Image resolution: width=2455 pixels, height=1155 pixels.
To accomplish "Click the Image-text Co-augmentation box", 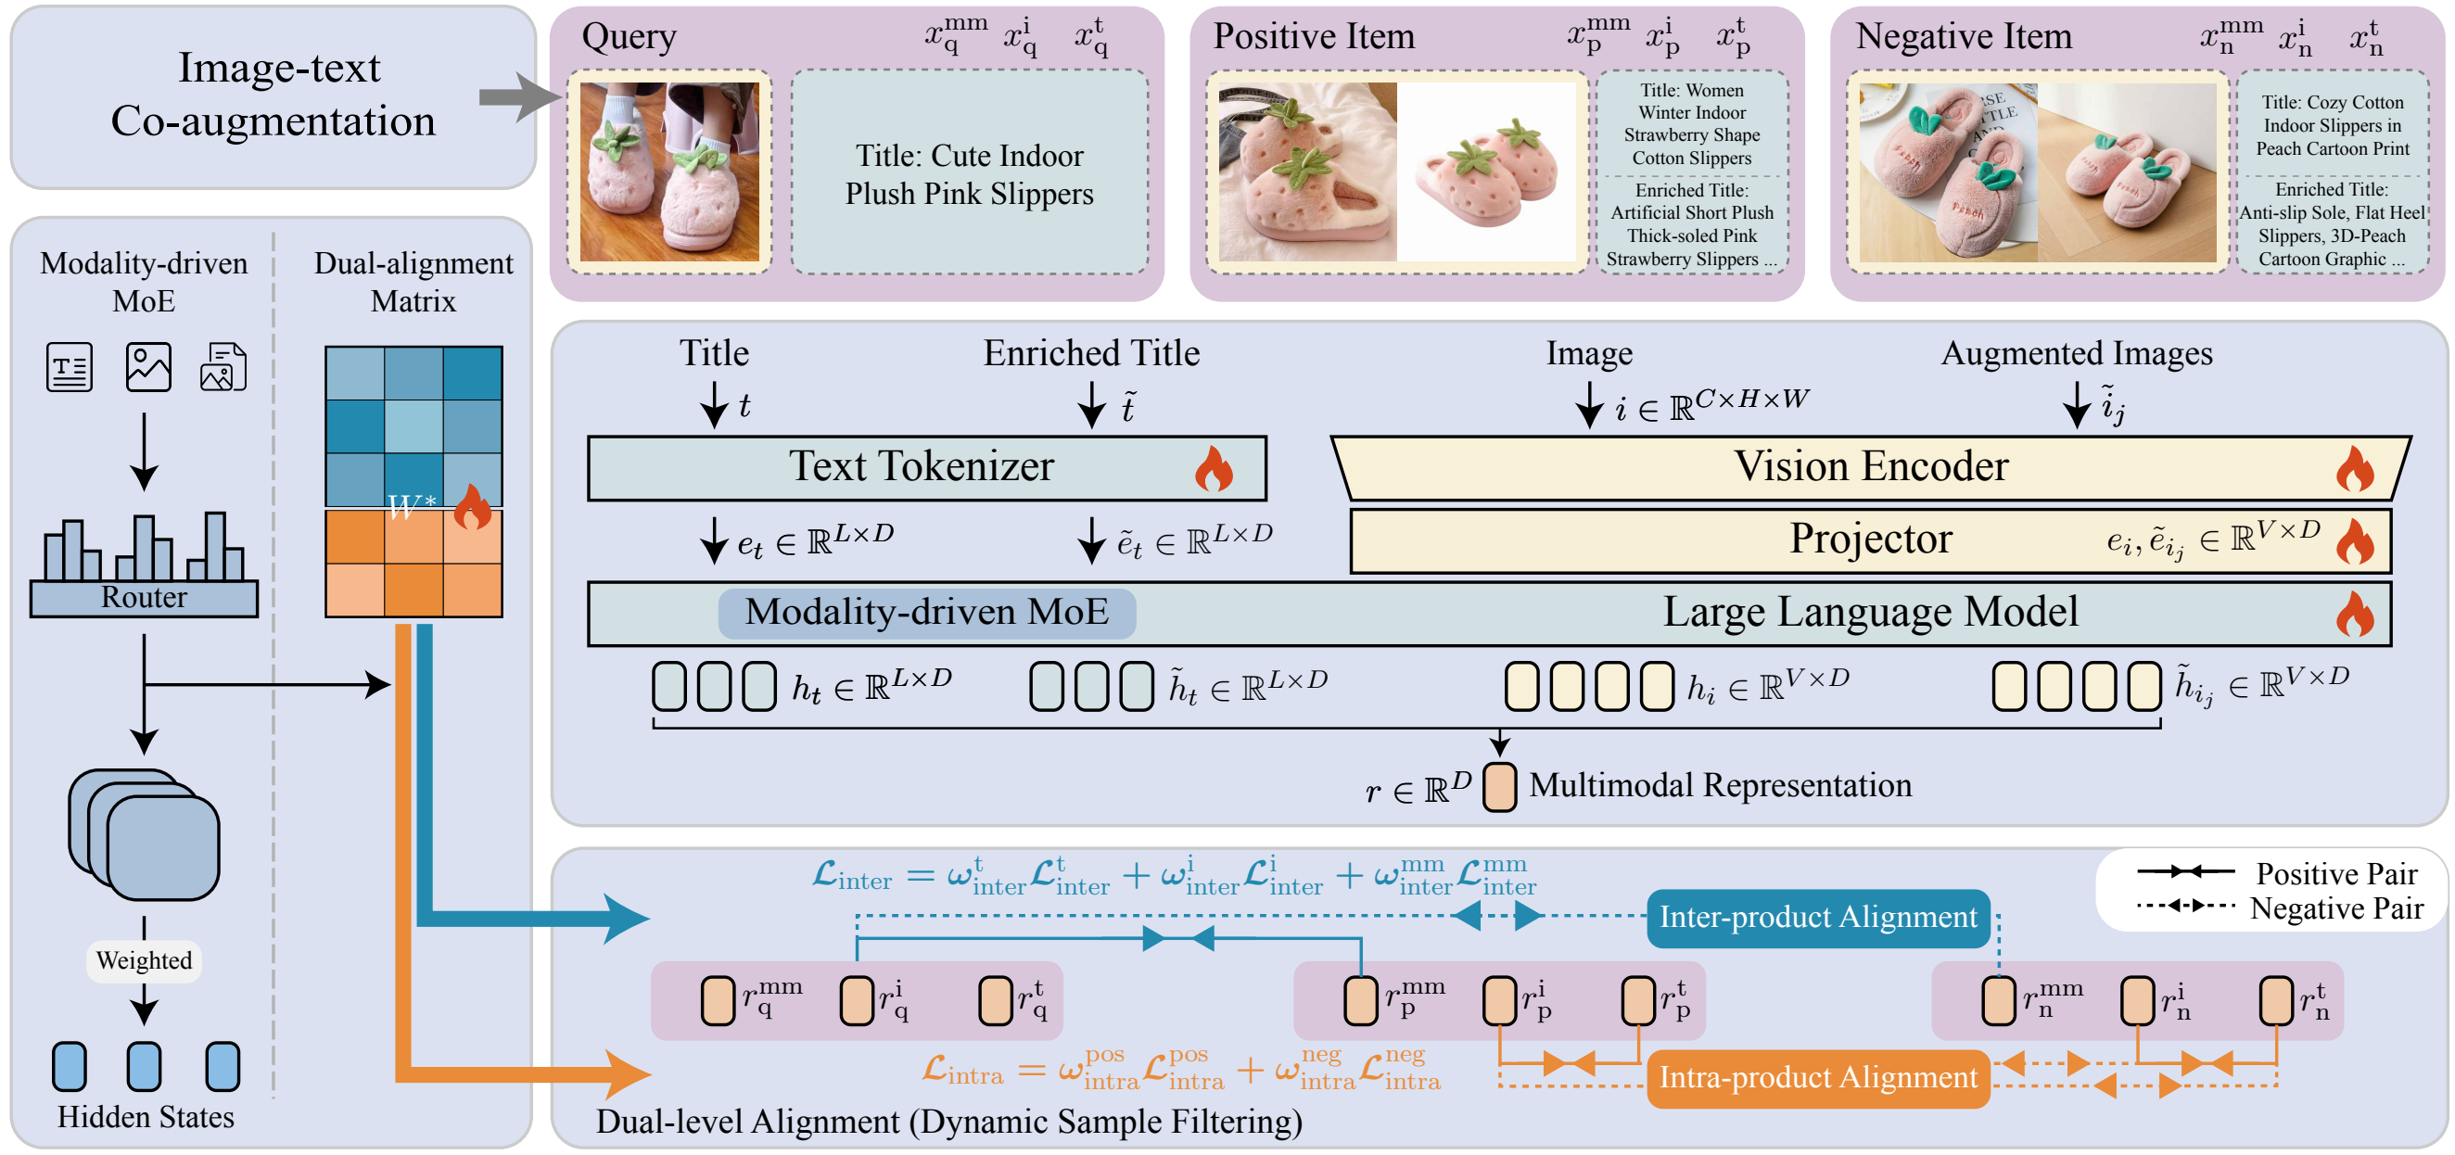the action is click(x=273, y=96).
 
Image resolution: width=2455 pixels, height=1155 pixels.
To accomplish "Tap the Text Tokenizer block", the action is click(x=926, y=468).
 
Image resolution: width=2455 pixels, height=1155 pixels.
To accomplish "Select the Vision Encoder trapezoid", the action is click(x=1871, y=468).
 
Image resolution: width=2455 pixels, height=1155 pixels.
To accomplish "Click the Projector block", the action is click(x=1871, y=540).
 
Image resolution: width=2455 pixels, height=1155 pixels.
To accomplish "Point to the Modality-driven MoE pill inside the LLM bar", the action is click(x=926, y=613).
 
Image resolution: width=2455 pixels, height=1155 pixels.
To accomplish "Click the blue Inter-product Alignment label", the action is click(x=1817, y=917).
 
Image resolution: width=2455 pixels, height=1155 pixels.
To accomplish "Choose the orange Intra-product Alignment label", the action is click(x=1817, y=1078).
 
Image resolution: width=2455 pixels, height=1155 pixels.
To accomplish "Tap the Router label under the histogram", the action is click(x=144, y=598).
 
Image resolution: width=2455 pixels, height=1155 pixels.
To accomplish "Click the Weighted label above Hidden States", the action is click(x=144, y=959).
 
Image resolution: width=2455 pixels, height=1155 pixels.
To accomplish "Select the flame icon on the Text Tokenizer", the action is click(x=1215, y=469).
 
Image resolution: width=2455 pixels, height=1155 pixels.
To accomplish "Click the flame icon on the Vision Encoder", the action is click(x=2355, y=469).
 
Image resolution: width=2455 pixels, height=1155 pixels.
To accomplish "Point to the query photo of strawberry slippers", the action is click(x=670, y=171).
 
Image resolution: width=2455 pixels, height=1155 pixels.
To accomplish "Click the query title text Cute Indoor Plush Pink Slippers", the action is click(x=969, y=174).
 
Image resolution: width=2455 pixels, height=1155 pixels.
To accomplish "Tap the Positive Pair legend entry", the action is click(x=2278, y=873).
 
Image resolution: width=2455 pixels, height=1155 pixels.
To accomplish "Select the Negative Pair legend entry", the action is click(x=2278, y=907).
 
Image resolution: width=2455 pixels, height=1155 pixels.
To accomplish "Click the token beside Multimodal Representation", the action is click(x=1499, y=787).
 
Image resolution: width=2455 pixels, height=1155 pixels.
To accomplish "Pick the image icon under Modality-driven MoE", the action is click(x=148, y=367).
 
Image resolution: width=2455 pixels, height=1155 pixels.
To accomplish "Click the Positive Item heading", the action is click(x=1314, y=36).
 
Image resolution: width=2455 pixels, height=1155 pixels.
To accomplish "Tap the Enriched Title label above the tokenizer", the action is click(x=1091, y=353).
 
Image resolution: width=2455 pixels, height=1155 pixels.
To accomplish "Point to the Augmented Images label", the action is click(x=2077, y=353).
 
